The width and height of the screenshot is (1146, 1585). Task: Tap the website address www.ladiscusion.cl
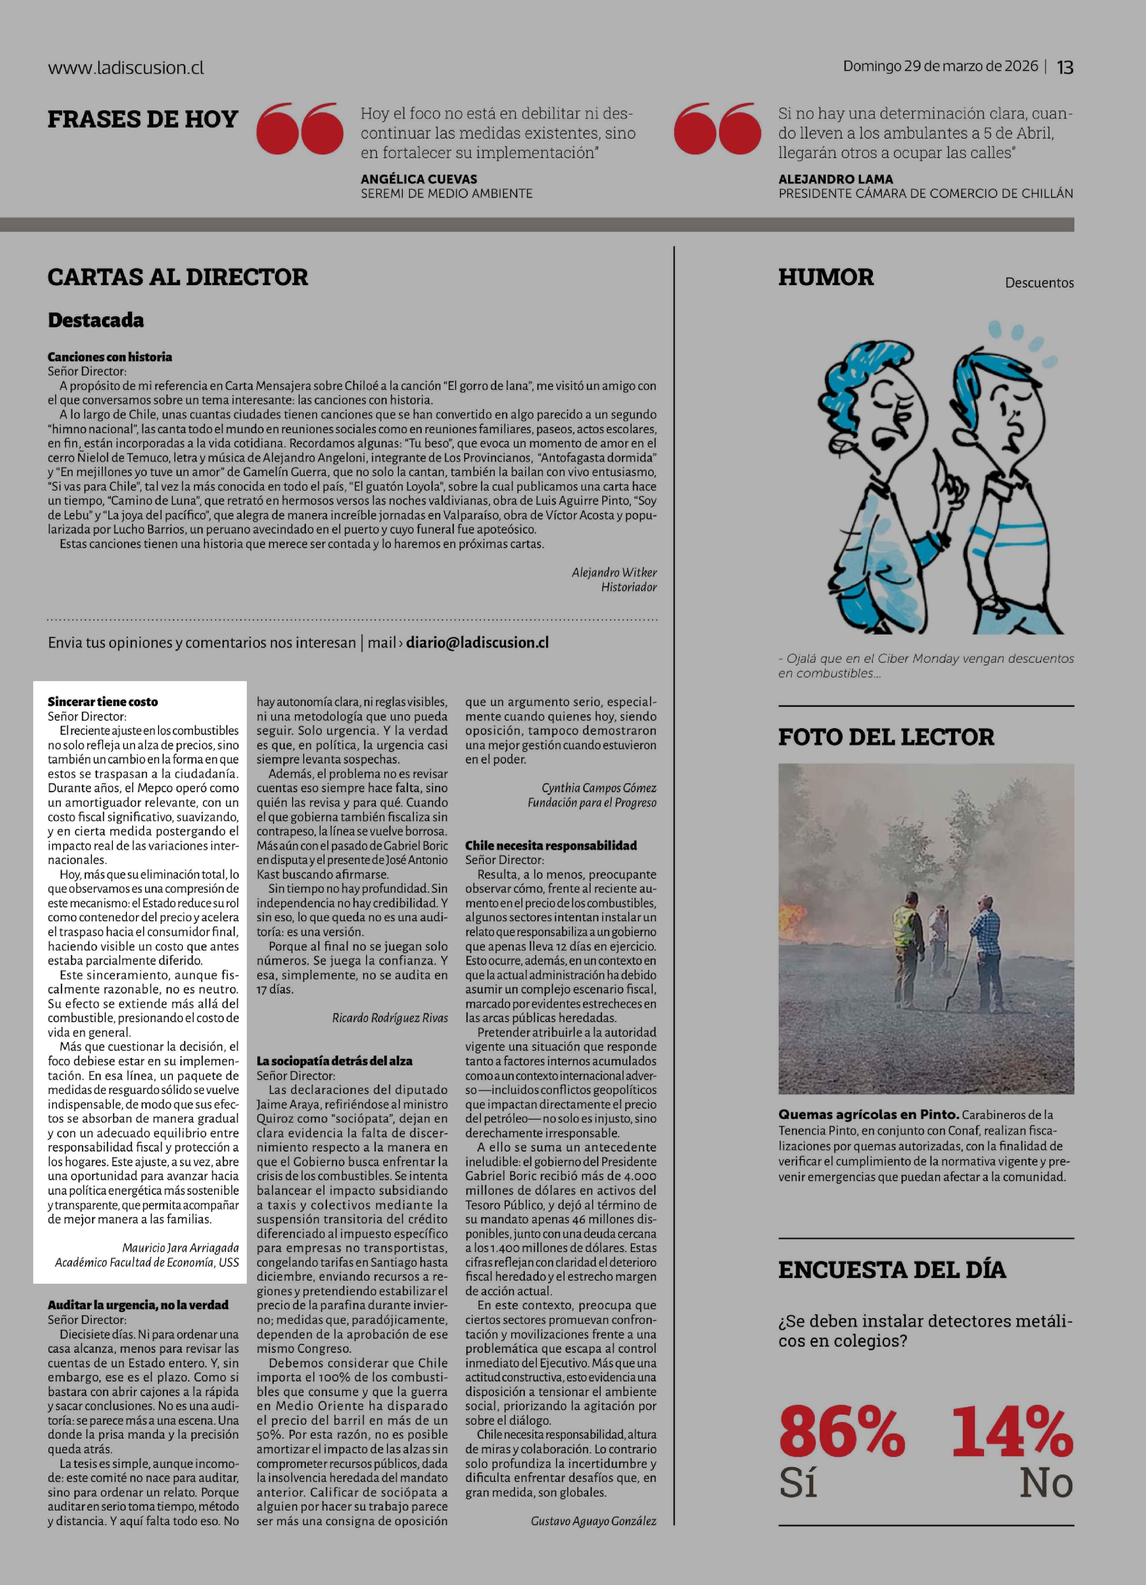coord(126,68)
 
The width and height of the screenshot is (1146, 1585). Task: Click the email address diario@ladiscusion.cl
coord(477,642)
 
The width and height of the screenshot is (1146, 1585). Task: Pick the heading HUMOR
coord(826,277)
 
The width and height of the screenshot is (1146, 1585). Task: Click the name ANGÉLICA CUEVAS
coord(419,179)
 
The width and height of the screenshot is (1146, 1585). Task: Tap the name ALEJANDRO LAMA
coord(835,179)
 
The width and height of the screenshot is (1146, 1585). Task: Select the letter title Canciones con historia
coord(110,357)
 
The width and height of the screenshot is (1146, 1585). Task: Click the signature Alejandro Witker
coord(614,572)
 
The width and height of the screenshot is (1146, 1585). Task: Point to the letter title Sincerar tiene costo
coord(103,702)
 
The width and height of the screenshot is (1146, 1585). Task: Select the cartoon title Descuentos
coord(1039,283)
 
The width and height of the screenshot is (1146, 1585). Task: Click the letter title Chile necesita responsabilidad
coord(551,846)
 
